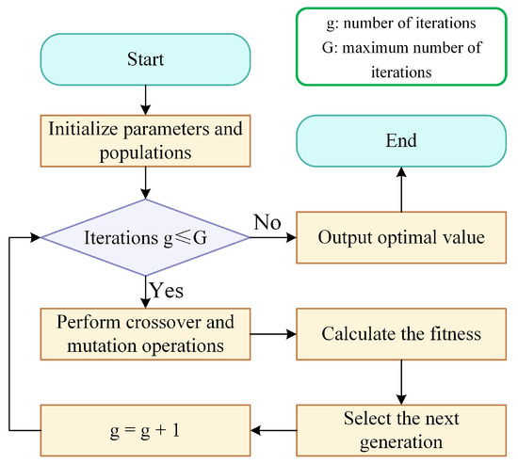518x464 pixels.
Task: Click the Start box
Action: coord(144,60)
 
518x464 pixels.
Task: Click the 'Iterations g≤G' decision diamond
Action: coord(144,238)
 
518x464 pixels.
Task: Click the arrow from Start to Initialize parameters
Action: coord(144,98)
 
